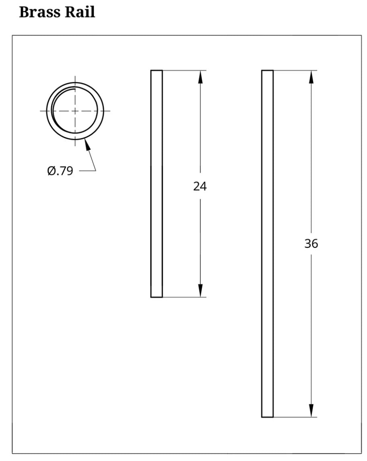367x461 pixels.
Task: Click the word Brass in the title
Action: pos(39,12)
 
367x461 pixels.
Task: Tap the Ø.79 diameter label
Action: pos(60,171)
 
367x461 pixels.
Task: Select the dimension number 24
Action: pos(200,187)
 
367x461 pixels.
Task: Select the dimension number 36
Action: pos(311,244)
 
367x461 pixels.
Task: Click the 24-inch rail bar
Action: pos(157,184)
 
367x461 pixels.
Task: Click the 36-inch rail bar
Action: pos(267,244)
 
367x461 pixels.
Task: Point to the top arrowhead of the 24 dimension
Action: pos(200,77)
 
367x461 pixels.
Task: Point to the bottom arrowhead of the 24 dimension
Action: pos(200,291)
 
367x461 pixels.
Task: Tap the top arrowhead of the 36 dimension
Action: pos(311,77)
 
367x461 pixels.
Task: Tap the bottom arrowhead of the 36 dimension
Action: pos(311,411)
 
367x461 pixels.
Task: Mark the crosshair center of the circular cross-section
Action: pos(75,110)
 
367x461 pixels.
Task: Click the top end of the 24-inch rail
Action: pos(157,71)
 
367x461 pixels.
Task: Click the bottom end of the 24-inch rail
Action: pos(157,297)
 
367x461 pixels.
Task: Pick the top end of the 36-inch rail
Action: pos(267,71)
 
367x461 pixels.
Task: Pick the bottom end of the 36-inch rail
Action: pos(267,417)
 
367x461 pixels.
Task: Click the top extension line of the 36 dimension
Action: pos(296,70)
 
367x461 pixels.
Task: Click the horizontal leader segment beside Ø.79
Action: pos(87,171)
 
